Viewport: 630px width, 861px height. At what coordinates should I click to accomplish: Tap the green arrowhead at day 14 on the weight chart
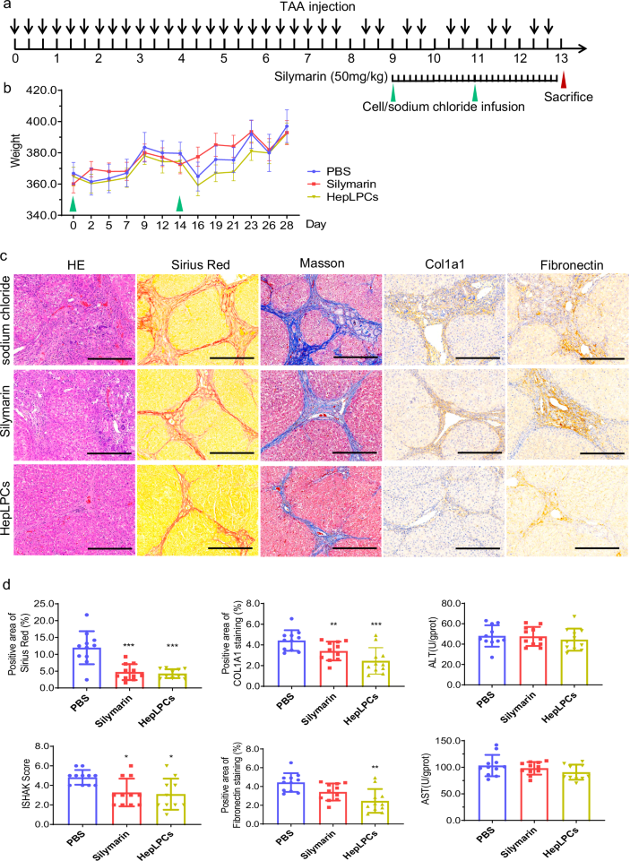180,204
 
